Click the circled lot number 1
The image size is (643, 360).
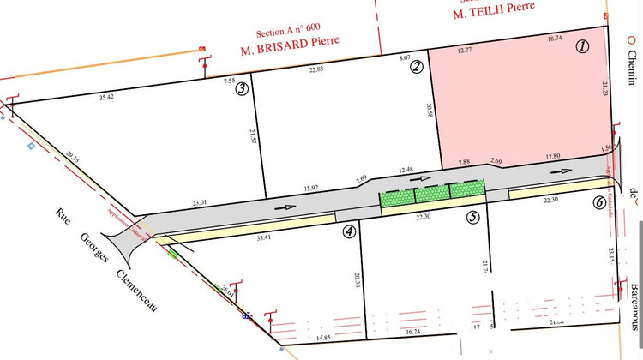coord(582,47)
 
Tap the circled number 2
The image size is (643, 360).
coord(417,67)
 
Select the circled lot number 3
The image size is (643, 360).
coord(243,87)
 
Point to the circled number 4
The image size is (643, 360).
coord(349,231)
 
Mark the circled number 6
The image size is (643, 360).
coord(598,203)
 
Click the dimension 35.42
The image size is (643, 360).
coord(107,98)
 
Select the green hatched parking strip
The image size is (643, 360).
coord(433,193)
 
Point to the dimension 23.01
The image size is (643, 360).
coord(200,202)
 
